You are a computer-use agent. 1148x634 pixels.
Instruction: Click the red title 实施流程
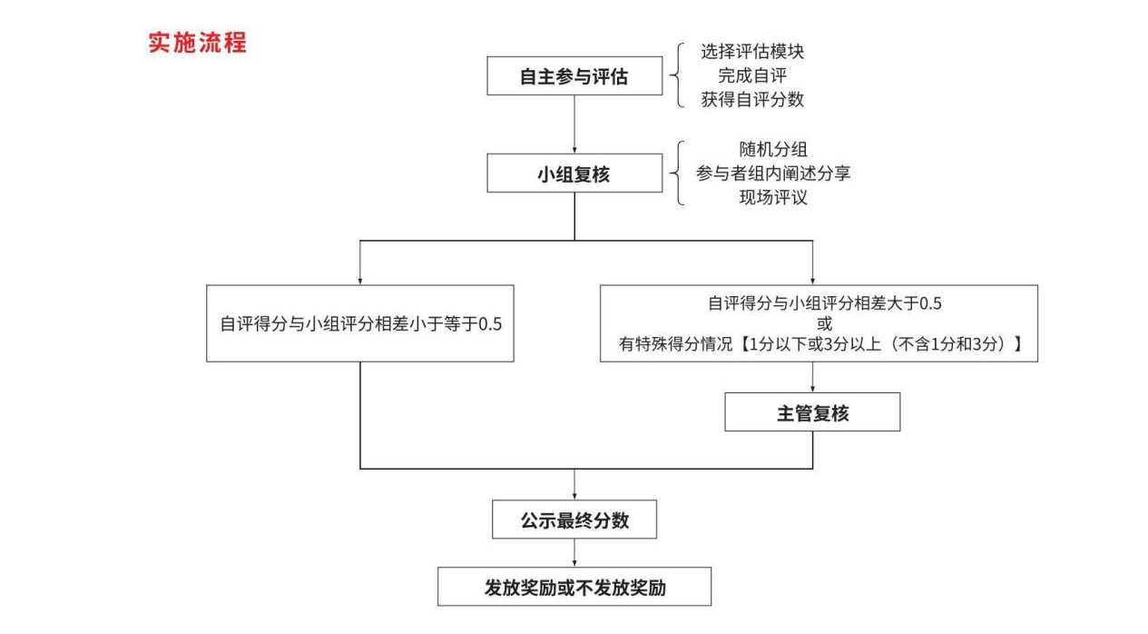coord(197,43)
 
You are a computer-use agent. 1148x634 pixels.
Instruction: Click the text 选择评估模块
coord(752,51)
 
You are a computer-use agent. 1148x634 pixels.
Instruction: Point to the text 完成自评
coord(752,75)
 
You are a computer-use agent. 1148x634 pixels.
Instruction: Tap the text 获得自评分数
coord(752,99)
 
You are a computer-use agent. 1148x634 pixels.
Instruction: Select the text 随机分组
coord(773,149)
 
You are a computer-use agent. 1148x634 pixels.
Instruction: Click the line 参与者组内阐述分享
coord(773,173)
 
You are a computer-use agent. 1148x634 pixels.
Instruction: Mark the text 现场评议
coord(773,197)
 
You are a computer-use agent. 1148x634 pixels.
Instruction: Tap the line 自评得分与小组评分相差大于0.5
coord(825,303)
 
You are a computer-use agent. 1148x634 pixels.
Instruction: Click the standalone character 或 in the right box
coord(825,323)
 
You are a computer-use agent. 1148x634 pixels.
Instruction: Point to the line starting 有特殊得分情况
coord(820,343)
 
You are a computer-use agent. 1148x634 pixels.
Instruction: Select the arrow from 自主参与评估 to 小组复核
coord(574,124)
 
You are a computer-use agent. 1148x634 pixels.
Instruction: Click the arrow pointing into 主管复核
coord(812,378)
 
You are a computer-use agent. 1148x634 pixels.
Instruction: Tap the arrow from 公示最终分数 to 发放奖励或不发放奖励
coord(574,553)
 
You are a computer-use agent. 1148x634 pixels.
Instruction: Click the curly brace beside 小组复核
coord(676,173)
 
